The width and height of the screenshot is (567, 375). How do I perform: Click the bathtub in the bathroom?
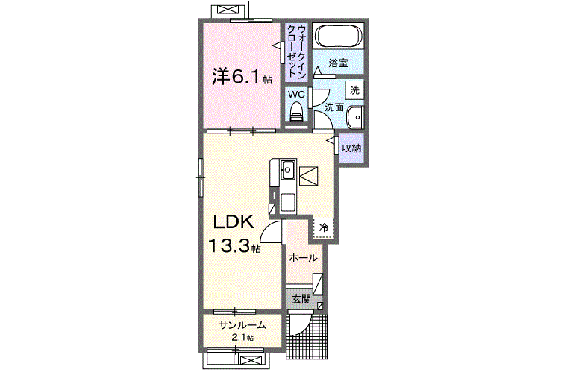(x=339, y=36)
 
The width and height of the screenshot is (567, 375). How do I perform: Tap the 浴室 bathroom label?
(x=338, y=63)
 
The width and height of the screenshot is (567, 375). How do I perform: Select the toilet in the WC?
(x=296, y=111)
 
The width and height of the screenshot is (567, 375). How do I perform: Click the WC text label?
(x=296, y=95)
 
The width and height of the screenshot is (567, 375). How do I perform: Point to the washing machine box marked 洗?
(x=354, y=90)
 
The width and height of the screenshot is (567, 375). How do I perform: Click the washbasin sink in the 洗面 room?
(x=355, y=117)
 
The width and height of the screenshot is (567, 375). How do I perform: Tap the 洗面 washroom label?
(x=333, y=107)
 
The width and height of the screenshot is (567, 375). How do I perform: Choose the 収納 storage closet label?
(x=351, y=148)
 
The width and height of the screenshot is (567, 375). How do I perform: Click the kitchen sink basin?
(x=288, y=169)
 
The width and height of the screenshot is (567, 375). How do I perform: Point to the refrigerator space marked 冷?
(x=323, y=228)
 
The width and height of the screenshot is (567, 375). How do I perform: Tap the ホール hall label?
(x=303, y=258)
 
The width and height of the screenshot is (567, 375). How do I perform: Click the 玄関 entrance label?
(x=301, y=299)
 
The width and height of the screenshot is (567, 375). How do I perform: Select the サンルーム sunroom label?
(x=242, y=325)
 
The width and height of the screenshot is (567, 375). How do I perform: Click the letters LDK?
(x=234, y=222)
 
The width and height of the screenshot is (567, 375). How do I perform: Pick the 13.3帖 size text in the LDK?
(x=234, y=246)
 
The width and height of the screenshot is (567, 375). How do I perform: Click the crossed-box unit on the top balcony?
(x=228, y=10)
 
